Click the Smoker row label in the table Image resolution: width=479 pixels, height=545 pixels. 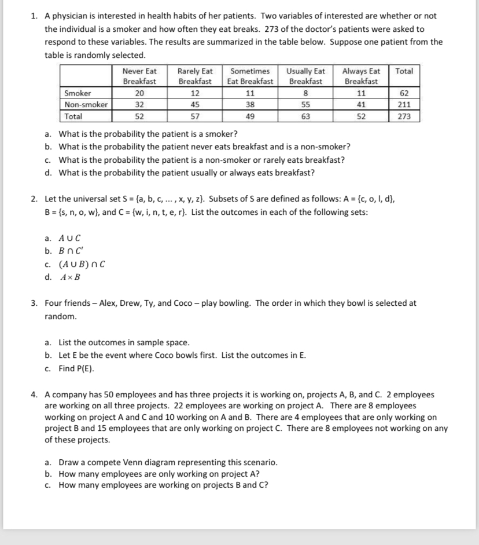point(78,93)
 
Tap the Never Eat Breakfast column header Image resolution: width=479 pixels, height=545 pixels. point(139,76)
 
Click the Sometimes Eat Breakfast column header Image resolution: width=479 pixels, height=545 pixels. point(250,76)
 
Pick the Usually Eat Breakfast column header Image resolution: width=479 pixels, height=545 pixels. point(305,76)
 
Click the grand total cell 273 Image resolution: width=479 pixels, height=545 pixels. point(404,116)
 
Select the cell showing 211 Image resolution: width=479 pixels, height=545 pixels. point(404,105)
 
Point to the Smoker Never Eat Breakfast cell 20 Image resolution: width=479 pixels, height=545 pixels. point(139,93)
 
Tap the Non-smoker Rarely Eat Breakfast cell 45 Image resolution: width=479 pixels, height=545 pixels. point(195,105)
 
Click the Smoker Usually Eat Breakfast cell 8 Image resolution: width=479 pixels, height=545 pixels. point(305,93)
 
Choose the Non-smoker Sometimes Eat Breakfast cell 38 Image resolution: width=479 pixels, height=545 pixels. point(250,105)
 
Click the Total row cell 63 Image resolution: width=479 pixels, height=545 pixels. point(305,116)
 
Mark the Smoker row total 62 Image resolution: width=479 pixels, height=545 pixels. point(404,93)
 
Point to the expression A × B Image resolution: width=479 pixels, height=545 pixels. point(70,277)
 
